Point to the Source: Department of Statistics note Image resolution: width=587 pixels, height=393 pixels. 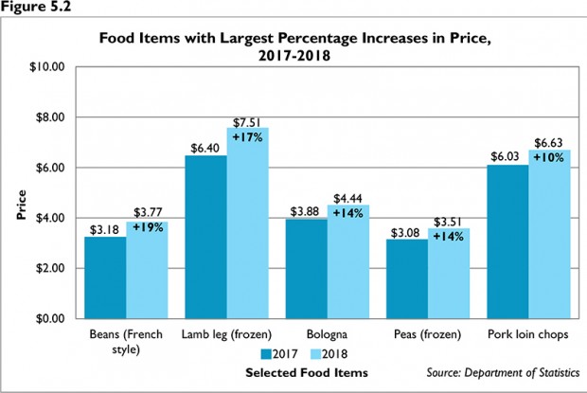coord(504,372)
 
